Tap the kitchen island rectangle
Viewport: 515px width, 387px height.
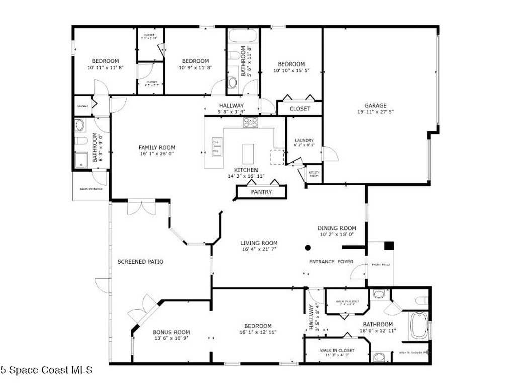pos(248,154)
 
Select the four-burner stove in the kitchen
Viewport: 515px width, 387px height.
pos(250,122)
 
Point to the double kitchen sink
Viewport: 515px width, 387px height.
pos(217,146)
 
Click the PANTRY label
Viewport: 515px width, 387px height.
pos(261,192)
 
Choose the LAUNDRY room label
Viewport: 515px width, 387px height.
pos(304,140)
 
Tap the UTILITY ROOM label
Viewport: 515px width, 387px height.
pos(314,174)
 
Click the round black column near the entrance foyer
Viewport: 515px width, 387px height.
pos(308,247)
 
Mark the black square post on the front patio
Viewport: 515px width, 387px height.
pos(389,246)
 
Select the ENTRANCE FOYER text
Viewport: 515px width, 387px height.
pos(330,262)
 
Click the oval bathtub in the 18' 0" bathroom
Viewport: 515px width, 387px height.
pos(418,327)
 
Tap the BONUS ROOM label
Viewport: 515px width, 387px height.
pos(171,332)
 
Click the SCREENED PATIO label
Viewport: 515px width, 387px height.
pos(140,262)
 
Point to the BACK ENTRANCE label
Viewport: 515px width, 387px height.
pos(91,189)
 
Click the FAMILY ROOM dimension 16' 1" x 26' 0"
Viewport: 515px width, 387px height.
pos(157,154)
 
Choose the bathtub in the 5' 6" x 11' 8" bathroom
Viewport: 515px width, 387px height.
pos(243,36)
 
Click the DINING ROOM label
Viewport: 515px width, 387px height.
pos(337,228)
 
